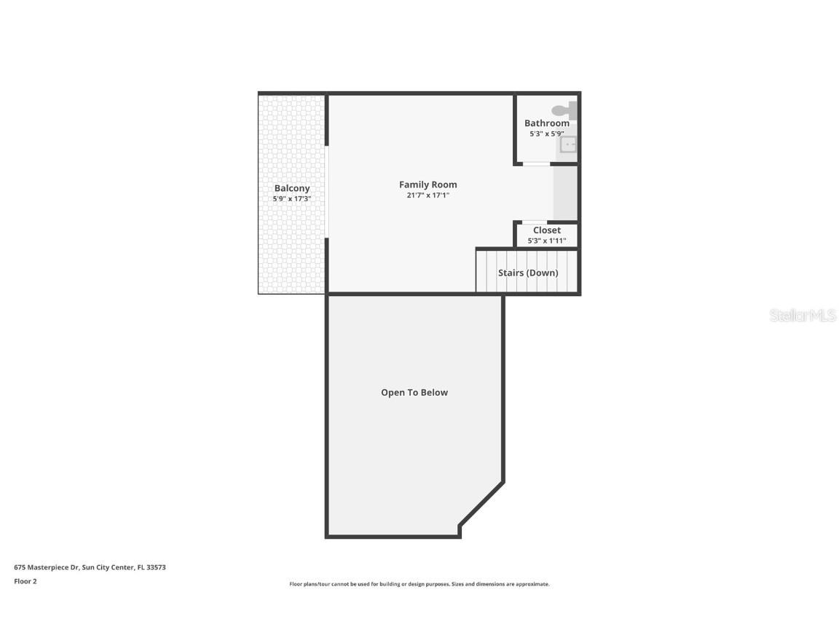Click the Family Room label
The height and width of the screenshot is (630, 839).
428,184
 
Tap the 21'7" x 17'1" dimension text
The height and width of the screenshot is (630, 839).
428,195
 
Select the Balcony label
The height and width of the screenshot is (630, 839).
292,188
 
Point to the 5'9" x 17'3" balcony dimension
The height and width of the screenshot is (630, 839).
292,199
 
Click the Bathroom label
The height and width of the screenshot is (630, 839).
546,123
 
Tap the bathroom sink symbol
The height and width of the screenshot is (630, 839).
568,144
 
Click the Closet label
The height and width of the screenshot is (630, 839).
546,230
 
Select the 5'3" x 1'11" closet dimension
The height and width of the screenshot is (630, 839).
546,241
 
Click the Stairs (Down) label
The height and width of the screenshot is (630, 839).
528,273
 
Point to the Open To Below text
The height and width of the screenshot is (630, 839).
414,392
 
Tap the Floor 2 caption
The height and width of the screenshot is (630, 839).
25,581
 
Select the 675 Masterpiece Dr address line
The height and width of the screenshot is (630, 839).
90,567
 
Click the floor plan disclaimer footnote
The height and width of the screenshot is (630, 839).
419,584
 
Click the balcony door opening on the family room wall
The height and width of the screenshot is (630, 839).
328,191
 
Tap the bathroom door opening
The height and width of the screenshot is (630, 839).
537,164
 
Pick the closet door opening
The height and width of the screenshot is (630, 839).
535,222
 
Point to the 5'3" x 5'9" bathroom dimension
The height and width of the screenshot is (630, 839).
546,134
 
